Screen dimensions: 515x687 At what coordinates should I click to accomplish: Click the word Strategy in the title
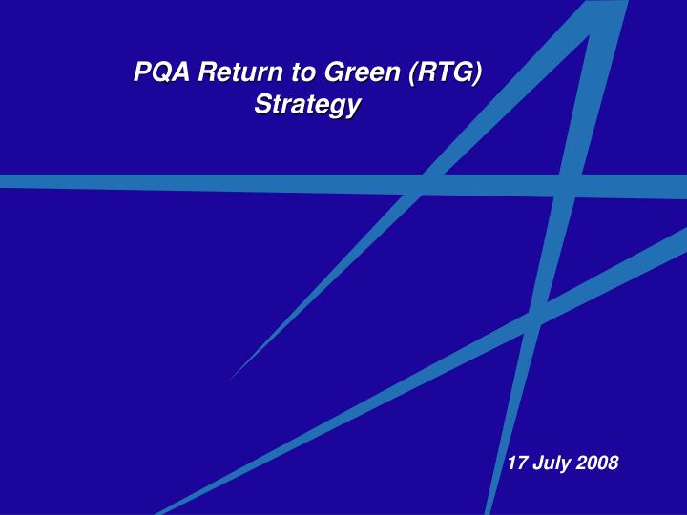click(306, 105)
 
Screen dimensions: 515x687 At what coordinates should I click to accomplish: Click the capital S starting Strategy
click(260, 105)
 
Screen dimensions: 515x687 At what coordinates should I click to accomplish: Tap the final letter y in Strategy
click(353, 107)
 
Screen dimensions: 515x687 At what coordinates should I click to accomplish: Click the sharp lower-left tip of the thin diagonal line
click(230, 379)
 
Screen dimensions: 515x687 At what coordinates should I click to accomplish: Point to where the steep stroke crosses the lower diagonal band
click(534, 319)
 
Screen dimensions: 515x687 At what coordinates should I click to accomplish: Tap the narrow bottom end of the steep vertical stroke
click(489, 511)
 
